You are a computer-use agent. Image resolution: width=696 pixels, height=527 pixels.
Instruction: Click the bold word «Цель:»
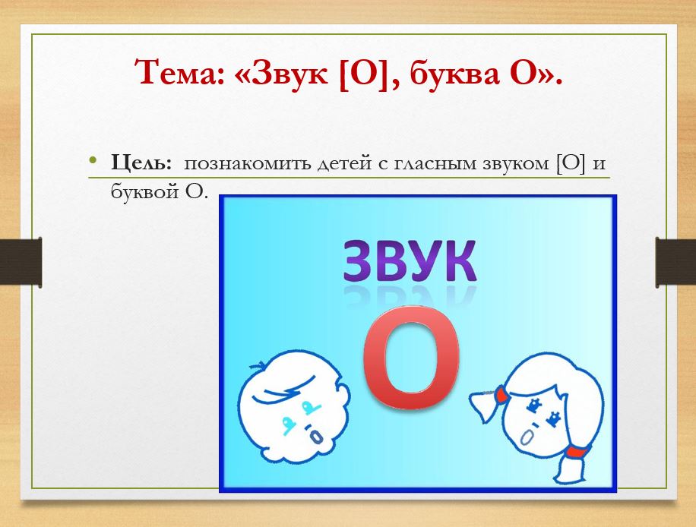[141, 163]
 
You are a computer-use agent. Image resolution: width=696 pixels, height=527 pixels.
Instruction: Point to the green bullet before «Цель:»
[93, 159]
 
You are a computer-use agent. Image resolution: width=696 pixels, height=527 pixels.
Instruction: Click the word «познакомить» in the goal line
[248, 164]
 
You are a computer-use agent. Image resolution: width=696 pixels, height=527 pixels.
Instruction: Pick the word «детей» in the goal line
[344, 164]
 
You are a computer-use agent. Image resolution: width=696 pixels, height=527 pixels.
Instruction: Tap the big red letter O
[412, 357]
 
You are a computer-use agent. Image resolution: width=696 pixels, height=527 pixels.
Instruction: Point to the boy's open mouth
[317, 437]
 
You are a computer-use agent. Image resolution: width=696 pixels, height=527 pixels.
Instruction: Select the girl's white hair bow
[483, 405]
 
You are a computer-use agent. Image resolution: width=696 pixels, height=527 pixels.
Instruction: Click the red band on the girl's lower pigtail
[576, 451]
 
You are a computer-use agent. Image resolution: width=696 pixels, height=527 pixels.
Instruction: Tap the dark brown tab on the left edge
[21, 262]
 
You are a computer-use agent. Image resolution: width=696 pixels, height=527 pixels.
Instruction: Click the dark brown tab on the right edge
[675, 262]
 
